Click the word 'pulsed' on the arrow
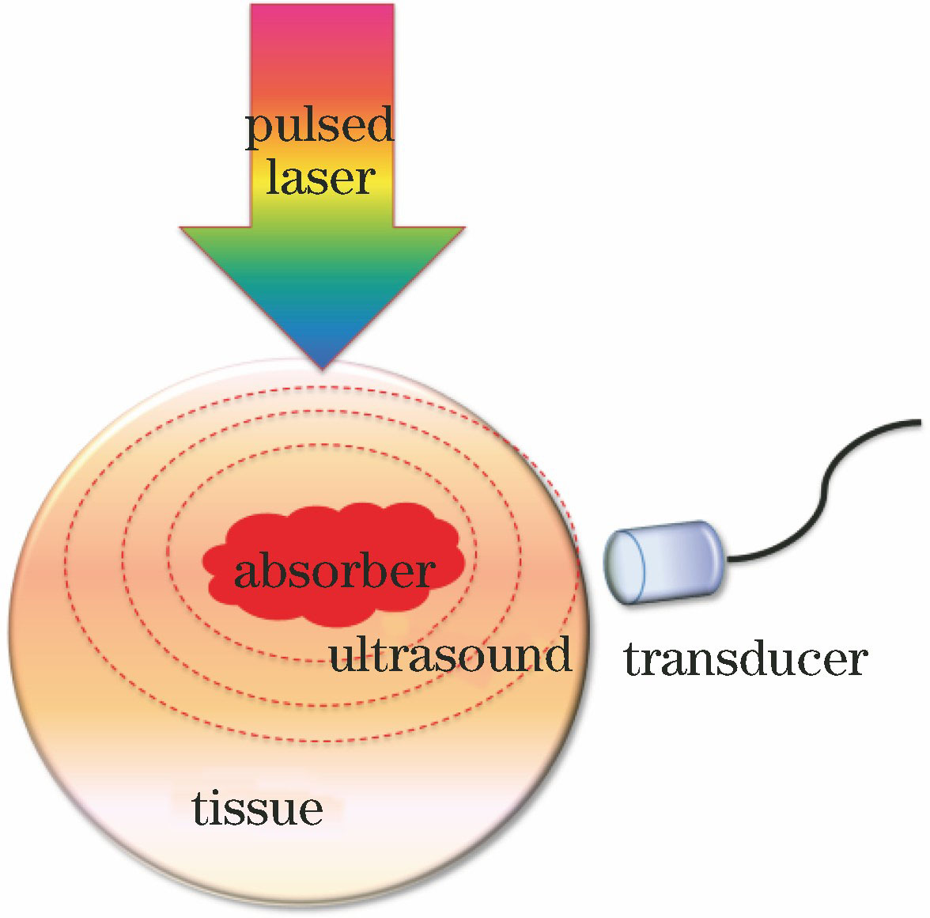pos(319,127)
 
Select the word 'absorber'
pos(335,571)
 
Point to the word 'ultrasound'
pos(450,655)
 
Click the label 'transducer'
pos(746,659)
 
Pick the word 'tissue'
pos(257,809)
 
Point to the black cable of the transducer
pos(822,483)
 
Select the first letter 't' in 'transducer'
pos(633,658)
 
